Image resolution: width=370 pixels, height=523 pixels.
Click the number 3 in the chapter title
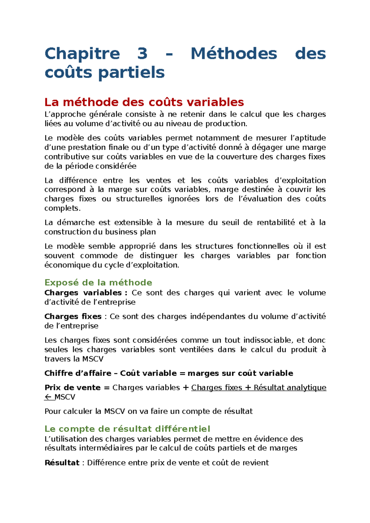pyautogui.click(x=142, y=54)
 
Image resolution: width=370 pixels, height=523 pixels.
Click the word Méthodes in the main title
pyautogui.click(x=234, y=54)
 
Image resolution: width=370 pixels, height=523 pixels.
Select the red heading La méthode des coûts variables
pyautogui.click(x=144, y=102)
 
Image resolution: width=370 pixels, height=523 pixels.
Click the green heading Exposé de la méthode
pyautogui.click(x=98, y=282)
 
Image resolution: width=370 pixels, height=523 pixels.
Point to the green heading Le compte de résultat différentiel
pyautogui.click(x=127, y=429)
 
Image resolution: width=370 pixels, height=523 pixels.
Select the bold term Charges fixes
pyautogui.click(x=73, y=316)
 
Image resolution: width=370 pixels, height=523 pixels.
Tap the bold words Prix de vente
pyautogui.click(x=72, y=387)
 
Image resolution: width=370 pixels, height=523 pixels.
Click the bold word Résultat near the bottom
pyautogui.click(x=62, y=463)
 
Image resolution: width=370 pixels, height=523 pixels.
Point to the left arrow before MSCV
pyautogui.click(x=48, y=397)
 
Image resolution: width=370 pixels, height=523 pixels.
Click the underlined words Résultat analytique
pyautogui.click(x=290, y=387)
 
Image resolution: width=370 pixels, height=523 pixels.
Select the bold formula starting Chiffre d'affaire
pyautogui.click(x=169, y=373)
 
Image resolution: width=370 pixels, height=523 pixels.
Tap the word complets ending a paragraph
pyautogui.click(x=62, y=208)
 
